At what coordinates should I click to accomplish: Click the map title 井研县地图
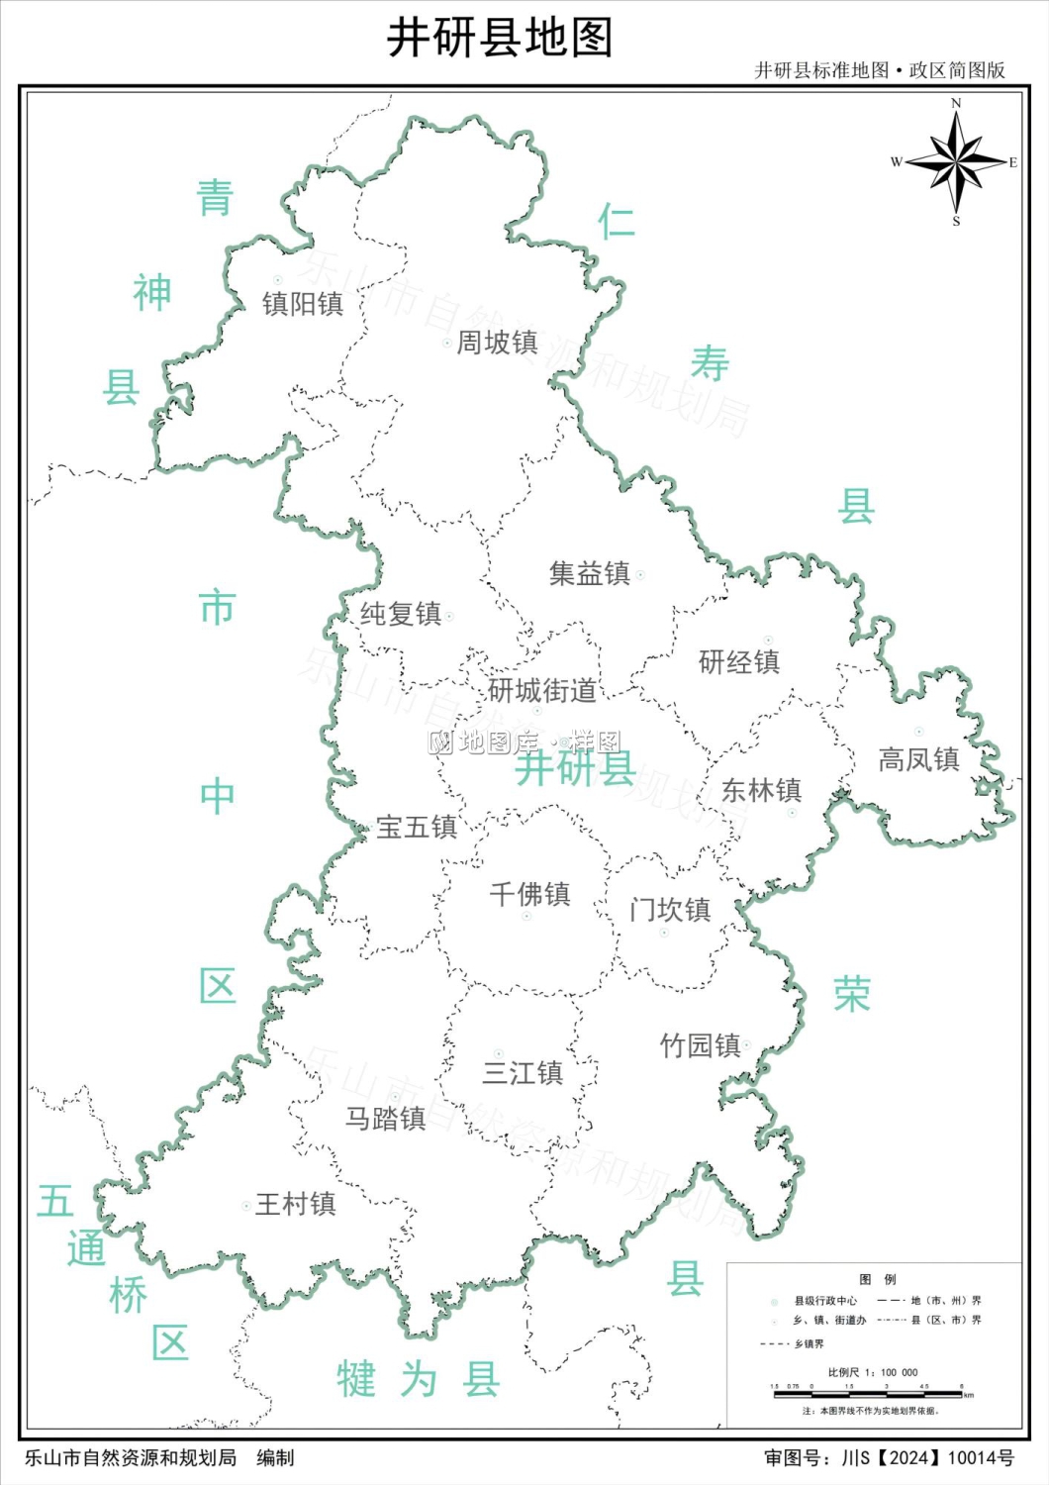(500, 39)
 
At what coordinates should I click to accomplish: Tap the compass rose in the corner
(956, 161)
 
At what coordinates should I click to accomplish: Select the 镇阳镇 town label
(303, 303)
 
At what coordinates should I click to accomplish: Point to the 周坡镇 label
(497, 343)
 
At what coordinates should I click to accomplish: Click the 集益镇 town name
(590, 573)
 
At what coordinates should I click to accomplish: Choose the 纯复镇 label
(400, 614)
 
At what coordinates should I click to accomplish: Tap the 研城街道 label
(542, 690)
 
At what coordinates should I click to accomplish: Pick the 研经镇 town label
(739, 661)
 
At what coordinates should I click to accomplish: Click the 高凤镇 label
(918, 759)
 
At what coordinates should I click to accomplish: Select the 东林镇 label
(761, 790)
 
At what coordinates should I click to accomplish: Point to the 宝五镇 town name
(417, 827)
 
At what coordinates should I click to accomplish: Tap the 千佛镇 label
(529, 894)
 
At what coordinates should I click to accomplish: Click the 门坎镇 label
(670, 910)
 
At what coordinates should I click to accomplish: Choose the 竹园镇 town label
(701, 1045)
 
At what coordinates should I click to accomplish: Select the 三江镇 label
(523, 1072)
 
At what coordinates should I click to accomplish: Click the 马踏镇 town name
(385, 1118)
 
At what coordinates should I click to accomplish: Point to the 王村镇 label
(296, 1204)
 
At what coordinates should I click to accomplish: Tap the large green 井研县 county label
(575, 768)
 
